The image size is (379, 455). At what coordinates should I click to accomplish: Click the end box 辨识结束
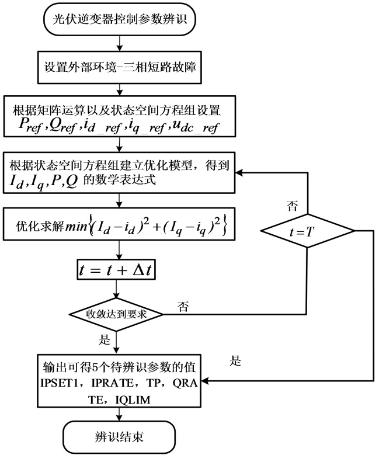coord(120,436)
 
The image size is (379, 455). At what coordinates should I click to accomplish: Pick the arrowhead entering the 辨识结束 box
coord(120,418)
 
